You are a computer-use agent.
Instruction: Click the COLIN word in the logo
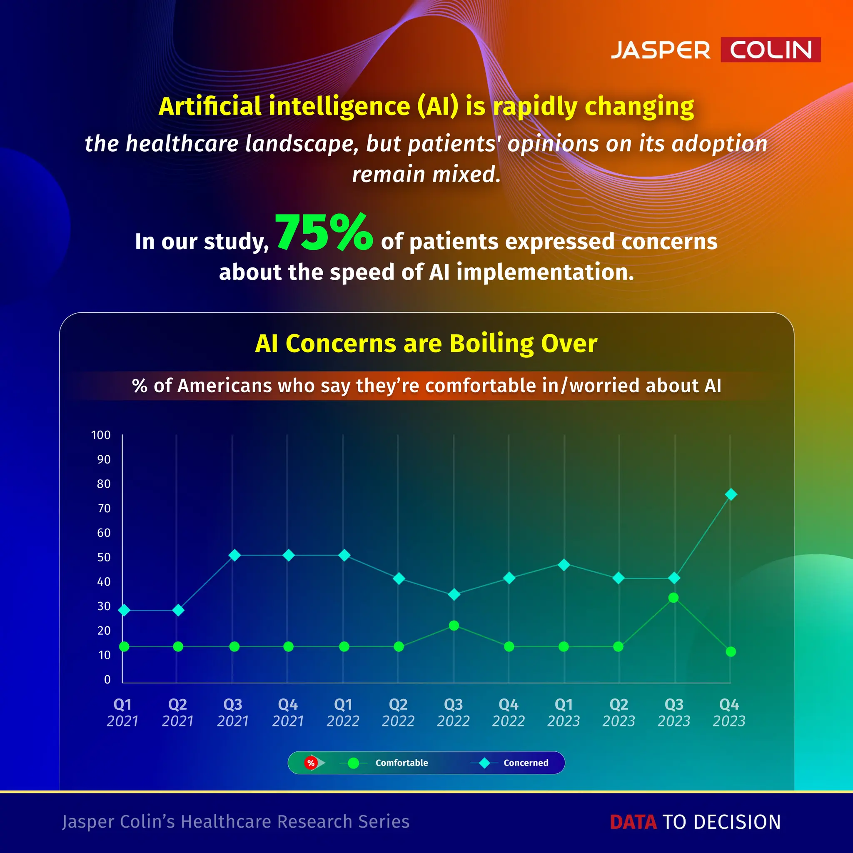point(771,50)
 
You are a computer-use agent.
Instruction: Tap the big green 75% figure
point(324,232)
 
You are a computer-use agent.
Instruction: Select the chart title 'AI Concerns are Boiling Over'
point(426,344)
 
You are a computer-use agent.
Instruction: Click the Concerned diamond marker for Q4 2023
point(731,494)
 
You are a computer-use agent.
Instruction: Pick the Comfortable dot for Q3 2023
point(673,598)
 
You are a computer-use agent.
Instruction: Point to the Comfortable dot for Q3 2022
point(454,626)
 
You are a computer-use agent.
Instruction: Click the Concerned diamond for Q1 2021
point(125,610)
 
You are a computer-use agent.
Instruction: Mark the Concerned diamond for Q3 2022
point(454,595)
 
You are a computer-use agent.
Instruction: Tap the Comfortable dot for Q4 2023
point(731,652)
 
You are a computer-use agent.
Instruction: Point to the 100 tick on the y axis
point(101,435)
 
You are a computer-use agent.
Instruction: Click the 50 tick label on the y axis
point(104,557)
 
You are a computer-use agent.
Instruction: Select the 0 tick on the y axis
point(107,679)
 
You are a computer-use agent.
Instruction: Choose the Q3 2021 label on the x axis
point(233,713)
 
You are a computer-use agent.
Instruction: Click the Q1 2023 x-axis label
point(564,713)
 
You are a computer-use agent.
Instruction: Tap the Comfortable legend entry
point(402,763)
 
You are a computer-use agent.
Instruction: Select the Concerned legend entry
point(525,763)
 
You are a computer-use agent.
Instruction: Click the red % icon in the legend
point(311,763)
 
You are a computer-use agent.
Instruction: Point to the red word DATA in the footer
point(633,822)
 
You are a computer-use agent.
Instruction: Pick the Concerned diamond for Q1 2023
point(564,565)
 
